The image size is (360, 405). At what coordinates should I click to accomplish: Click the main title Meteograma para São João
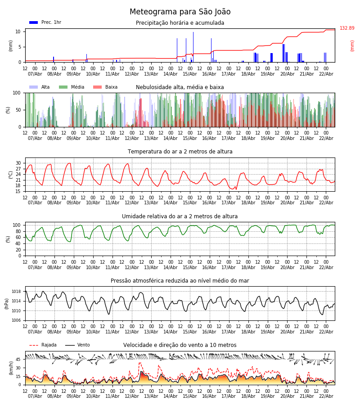pyautogui.click(x=180, y=12)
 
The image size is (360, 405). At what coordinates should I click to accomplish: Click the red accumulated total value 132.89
pyautogui.click(x=347, y=28)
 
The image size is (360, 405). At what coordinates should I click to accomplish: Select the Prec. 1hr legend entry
pyautogui.click(x=45, y=22)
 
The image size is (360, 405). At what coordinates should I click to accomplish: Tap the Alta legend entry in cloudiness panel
pyautogui.click(x=40, y=87)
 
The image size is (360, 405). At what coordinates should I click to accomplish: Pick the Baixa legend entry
pyautogui.click(x=105, y=87)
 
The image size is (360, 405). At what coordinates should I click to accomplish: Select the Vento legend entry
pyautogui.click(x=77, y=345)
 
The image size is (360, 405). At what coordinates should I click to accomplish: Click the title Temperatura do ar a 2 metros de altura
pyautogui.click(x=180, y=152)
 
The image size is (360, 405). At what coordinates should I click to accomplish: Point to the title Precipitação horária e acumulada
pyautogui.click(x=180, y=23)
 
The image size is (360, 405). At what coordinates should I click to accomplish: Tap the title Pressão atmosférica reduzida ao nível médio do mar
pyautogui.click(x=180, y=281)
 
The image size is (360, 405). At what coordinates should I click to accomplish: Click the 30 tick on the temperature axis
pyautogui.click(x=18, y=163)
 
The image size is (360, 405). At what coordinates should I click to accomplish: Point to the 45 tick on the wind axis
pyautogui.click(x=18, y=360)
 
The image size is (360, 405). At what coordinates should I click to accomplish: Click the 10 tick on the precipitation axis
pyautogui.click(x=18, y=31)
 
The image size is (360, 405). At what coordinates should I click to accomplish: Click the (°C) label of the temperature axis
pyautogui.click(x=11, y=175)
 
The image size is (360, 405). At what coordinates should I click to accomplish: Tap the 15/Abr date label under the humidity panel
pyautogui.click(x=190, y=267)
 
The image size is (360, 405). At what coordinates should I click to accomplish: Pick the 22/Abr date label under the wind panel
pyautogui.click(x=326, y=396)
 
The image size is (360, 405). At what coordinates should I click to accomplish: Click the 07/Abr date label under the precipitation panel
pyautogui.click(x=35, y=74)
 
